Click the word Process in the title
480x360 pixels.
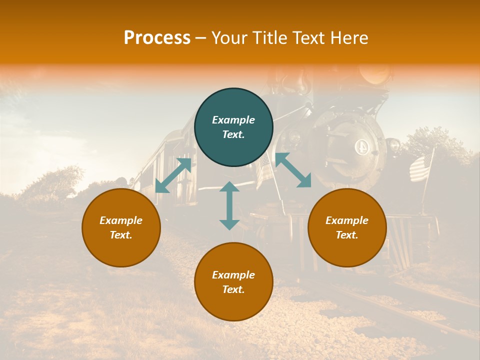[157, 38]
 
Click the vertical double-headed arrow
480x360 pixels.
[229, 205]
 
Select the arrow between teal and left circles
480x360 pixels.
[173, 175]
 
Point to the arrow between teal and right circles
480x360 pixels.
[293, 170]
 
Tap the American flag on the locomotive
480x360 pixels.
[420, 168]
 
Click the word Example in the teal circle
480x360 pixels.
[233, 120]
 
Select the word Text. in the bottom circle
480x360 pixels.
[233, 289]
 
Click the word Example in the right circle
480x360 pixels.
[347, 220]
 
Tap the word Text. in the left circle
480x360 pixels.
[121, 235]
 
